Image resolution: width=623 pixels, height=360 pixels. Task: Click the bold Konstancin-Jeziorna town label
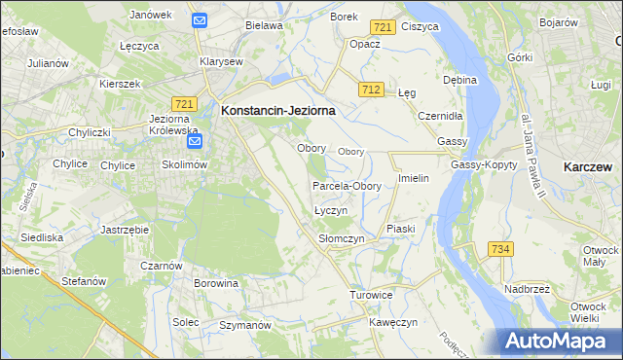point(278,111)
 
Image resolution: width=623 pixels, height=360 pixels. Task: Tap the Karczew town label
point(588,167)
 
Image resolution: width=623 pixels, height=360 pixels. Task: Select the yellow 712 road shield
point(369,90)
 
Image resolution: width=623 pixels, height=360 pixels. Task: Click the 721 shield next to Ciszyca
point(383,28)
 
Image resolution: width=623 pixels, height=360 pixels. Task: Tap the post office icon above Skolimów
point(195,142)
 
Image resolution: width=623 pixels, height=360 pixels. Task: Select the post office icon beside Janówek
point(199,19)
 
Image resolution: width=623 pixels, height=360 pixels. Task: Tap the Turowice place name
point(371,294)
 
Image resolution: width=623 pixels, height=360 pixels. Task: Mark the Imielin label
point(414,180)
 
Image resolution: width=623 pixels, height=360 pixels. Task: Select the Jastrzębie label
point(124,230)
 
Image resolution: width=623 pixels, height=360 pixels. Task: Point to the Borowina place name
point(216,284)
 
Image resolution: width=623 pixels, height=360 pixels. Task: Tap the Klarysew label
point(221,60)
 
